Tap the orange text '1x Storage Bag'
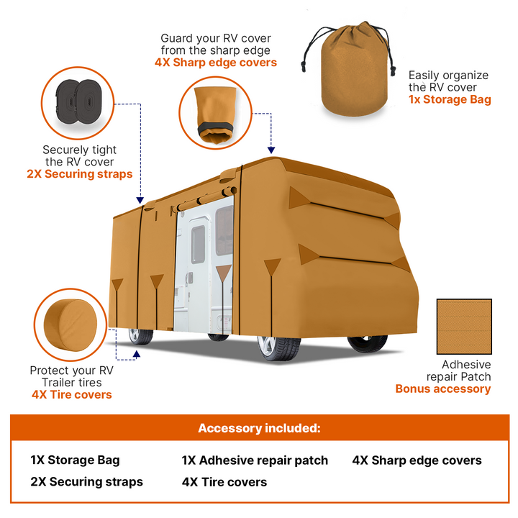tap(450, 100)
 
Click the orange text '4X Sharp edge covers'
tap(216, 63)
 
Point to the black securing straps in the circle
tap(79, 101)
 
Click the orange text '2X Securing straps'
tap(80, 174)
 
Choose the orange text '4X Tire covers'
tap(71, 394)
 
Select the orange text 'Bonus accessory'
tap(443, 389)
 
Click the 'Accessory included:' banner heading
tap(259, 428)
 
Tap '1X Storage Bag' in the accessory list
tap(75, 460)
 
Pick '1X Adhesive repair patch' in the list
tap(255, 460)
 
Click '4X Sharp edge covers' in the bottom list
tap(417, 460)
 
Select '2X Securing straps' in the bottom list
tap(86, 482)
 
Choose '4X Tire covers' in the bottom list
tap(224, 482)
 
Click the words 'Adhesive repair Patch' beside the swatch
tap(458, 371)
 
